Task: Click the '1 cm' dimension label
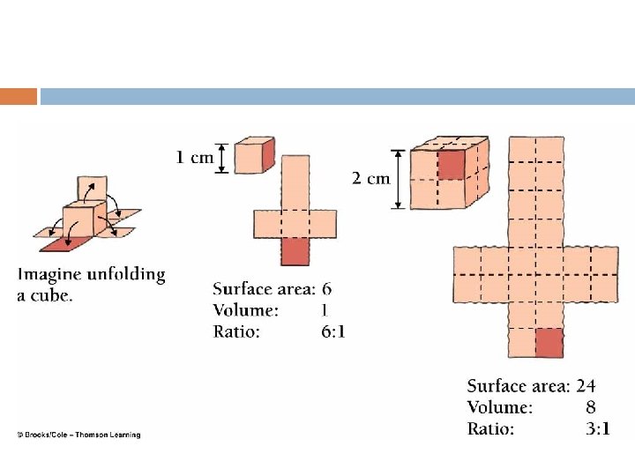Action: [195, 158]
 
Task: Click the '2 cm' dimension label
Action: [370, 178]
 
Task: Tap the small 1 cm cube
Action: [257, 156]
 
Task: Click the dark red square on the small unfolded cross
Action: [295, 252]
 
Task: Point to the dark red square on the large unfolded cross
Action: [549, 342]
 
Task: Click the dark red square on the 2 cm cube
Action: [451, 164]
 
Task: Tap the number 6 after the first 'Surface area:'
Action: [327, 289]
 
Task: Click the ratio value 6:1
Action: [332, 331]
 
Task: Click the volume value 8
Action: [590, 407]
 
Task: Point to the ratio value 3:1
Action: [597, 429]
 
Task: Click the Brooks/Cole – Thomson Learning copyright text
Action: [78, 434]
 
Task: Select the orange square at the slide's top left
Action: [19, 96]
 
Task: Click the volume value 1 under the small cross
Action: [325, 310]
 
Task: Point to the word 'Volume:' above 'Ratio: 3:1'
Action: [499, 407]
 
